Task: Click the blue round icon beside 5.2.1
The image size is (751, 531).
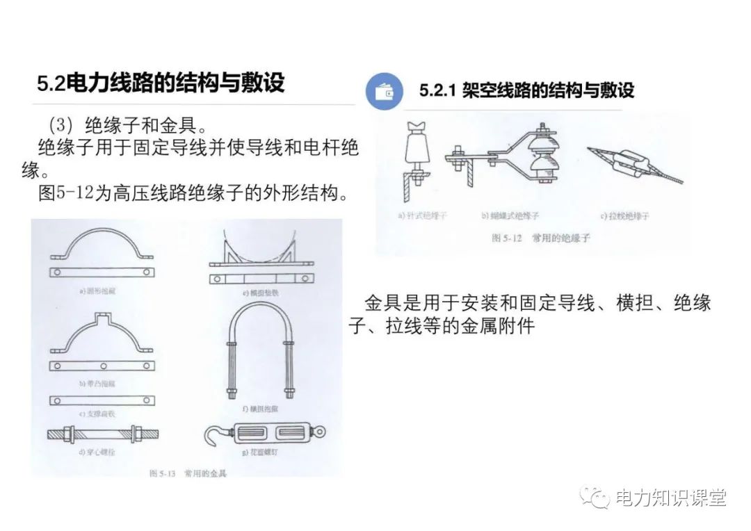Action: click(384, 91)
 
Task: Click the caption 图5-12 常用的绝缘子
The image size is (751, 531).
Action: click(540, 238)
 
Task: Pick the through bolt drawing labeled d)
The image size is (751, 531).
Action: click(102, 434)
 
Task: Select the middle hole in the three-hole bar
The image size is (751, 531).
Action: click(102, 366)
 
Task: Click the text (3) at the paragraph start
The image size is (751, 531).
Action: click(60, 126)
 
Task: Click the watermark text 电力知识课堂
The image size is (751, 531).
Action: click(670, 498)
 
